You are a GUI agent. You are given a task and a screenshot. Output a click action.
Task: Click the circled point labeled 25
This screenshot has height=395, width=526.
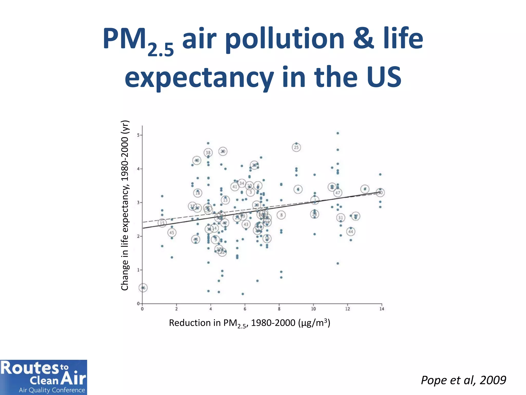point(296,147)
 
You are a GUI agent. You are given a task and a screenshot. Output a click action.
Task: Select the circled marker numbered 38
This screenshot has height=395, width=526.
point(208,152)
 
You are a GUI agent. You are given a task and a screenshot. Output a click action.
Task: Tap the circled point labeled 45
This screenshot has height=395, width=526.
point(172,233)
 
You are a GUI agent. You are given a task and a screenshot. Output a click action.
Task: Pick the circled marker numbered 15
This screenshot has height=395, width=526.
point(162,223)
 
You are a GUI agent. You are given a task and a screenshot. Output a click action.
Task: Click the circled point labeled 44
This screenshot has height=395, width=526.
point(351,231)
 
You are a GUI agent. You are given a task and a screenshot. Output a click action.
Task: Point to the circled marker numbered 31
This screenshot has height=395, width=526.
point(341,218)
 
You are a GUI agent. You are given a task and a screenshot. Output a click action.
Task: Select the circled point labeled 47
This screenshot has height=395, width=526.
point(338,193)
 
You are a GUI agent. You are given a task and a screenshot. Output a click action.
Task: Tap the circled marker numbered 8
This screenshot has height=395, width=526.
point(281,215)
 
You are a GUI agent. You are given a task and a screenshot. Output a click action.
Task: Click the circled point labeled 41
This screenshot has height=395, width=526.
point(235,187)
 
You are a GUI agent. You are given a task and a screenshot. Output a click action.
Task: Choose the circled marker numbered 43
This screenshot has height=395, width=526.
point(246,224)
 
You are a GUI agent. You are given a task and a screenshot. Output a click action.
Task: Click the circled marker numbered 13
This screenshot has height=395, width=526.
point(225,200)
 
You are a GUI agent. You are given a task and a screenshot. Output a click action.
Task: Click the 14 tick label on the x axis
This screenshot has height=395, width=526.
point(382,309)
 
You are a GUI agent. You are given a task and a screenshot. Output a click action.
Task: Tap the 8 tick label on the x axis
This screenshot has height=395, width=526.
point(279,309)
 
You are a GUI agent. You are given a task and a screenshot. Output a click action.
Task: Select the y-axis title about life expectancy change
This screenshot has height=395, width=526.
point(125,205)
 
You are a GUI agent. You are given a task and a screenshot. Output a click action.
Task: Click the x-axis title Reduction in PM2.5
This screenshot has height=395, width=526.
point(249,323)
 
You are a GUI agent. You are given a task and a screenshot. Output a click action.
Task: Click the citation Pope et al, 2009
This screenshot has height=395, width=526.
point(463,380)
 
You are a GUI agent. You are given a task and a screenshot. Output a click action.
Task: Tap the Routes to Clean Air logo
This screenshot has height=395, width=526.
point(43,377)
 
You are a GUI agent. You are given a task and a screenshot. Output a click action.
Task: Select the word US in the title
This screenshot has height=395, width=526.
point(384,77)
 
